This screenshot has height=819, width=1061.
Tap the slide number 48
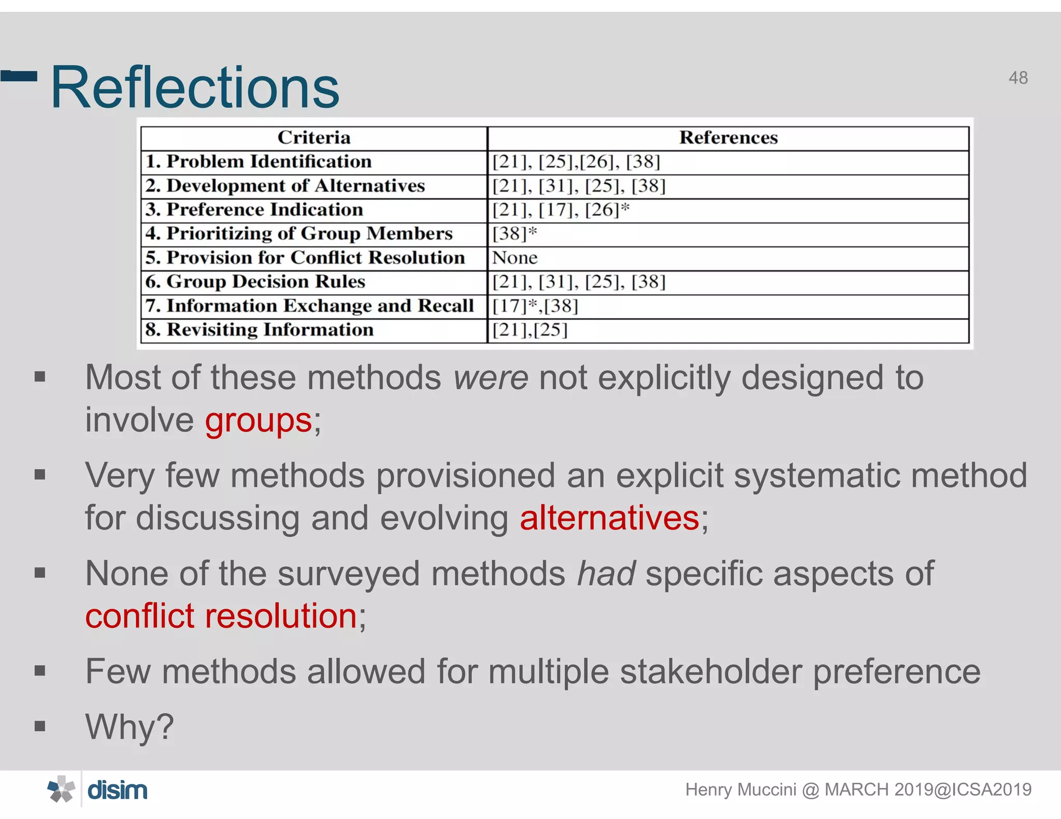coord(1018,78)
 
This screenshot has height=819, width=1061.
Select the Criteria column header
coord(314,138)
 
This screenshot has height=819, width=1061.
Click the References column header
coord(728,138)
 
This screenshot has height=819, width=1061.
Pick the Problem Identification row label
coord(259,162)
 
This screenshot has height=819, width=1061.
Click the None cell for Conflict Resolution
coord(514,258)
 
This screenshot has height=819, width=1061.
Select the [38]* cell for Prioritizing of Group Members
coord(514,234)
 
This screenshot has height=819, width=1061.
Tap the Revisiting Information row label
coord(260,330)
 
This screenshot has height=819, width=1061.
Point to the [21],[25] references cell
coord(529,330)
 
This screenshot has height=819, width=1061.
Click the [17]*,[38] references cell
coord(535,306)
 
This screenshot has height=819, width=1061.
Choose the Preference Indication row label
coord(254,210)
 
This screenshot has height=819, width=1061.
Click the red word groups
coord(259,420)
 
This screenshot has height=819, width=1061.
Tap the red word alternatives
coord(609,518)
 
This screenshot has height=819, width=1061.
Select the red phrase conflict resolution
coord(221,616)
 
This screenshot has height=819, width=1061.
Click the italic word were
coord(491,377)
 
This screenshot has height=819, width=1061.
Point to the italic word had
coord(606,574)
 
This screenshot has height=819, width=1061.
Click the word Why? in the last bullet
coord(130,727)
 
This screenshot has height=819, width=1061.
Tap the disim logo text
coord(118,791)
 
